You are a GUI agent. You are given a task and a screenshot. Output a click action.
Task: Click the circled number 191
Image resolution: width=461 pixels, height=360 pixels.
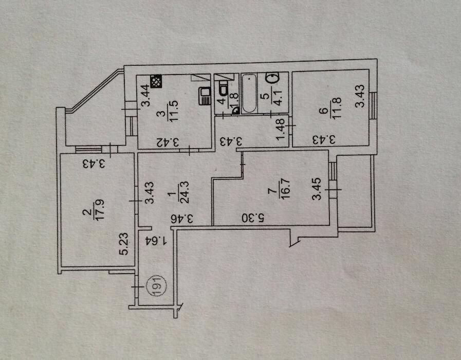(156, 286)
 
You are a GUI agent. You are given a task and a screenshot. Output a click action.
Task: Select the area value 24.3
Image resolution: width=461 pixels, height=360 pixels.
(184, 192)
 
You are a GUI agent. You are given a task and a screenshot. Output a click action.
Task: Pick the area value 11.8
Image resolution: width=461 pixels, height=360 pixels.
(336, 108)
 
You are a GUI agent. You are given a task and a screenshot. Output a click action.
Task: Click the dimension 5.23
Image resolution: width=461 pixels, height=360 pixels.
(123, 244)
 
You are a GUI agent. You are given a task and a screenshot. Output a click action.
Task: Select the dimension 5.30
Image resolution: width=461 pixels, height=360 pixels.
(253, 218)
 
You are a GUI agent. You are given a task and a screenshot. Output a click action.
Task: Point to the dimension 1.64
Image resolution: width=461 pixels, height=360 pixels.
(156, 242)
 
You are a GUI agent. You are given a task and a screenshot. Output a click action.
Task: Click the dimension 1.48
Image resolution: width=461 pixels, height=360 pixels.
(281, 129)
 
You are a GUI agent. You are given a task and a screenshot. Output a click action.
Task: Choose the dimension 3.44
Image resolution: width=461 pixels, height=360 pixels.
(145, 95)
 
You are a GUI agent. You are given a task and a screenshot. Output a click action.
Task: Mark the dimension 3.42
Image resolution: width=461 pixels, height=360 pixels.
(168, 142)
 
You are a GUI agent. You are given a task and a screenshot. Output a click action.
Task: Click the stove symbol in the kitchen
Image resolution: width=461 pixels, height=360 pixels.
(156, 81)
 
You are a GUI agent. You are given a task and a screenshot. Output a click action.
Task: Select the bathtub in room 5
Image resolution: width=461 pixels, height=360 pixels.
(249, 93)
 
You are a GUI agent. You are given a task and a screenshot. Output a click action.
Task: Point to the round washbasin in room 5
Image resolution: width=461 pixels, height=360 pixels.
(272, 78)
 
